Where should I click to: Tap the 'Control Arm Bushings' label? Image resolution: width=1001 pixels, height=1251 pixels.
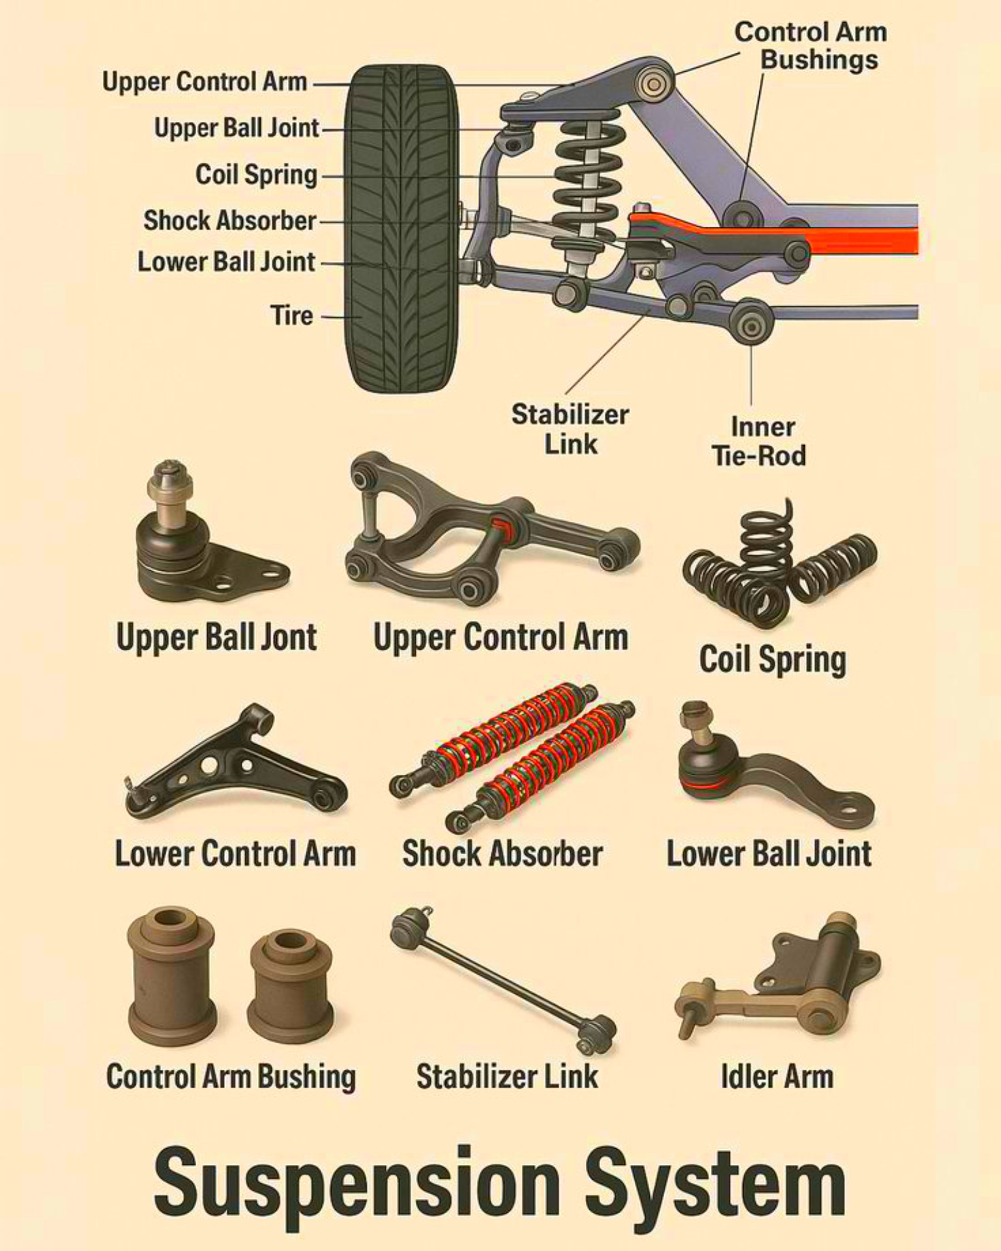811,46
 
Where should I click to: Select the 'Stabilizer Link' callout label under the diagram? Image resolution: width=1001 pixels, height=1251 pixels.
570,429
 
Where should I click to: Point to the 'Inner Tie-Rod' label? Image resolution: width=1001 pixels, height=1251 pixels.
760,441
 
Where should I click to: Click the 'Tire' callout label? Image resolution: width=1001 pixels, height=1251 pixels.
292,315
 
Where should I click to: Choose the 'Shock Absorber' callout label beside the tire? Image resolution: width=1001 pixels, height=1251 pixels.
230,220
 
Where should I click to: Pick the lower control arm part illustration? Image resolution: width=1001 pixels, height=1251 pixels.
235,762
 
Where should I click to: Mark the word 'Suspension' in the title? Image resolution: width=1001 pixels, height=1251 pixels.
356,1184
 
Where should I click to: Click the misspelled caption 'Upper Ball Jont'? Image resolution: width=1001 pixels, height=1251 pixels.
216,637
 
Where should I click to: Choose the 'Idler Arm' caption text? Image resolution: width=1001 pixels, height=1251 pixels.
777,1076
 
